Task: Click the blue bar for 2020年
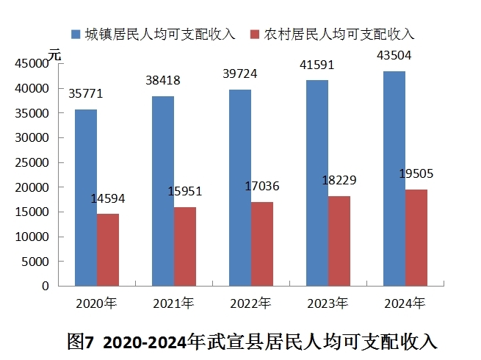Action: click(86, 198)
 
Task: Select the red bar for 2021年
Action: click(185, 247)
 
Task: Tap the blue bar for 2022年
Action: click(240, 188)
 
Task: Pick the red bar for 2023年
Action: click(339, 241)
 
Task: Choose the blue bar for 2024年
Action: click(394, 179)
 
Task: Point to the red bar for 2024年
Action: click(416, 238)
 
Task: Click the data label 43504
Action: click(394, 56)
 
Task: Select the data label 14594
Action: click(108, 199)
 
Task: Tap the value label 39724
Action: click(240, 74)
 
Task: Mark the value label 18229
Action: click(339, 181)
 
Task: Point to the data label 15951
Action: click(185, 192)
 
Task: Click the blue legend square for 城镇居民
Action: click(76, 34)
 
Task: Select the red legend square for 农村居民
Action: click(255, 34)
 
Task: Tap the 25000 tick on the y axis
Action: click(32, 162)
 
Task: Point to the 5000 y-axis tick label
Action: click(35, 262)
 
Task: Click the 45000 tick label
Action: click(32, 63)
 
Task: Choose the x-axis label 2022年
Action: click(250, 303)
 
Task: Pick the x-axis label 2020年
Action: click(96, 303)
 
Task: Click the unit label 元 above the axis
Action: click(54, 55)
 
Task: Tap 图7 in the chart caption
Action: click(80, 342)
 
